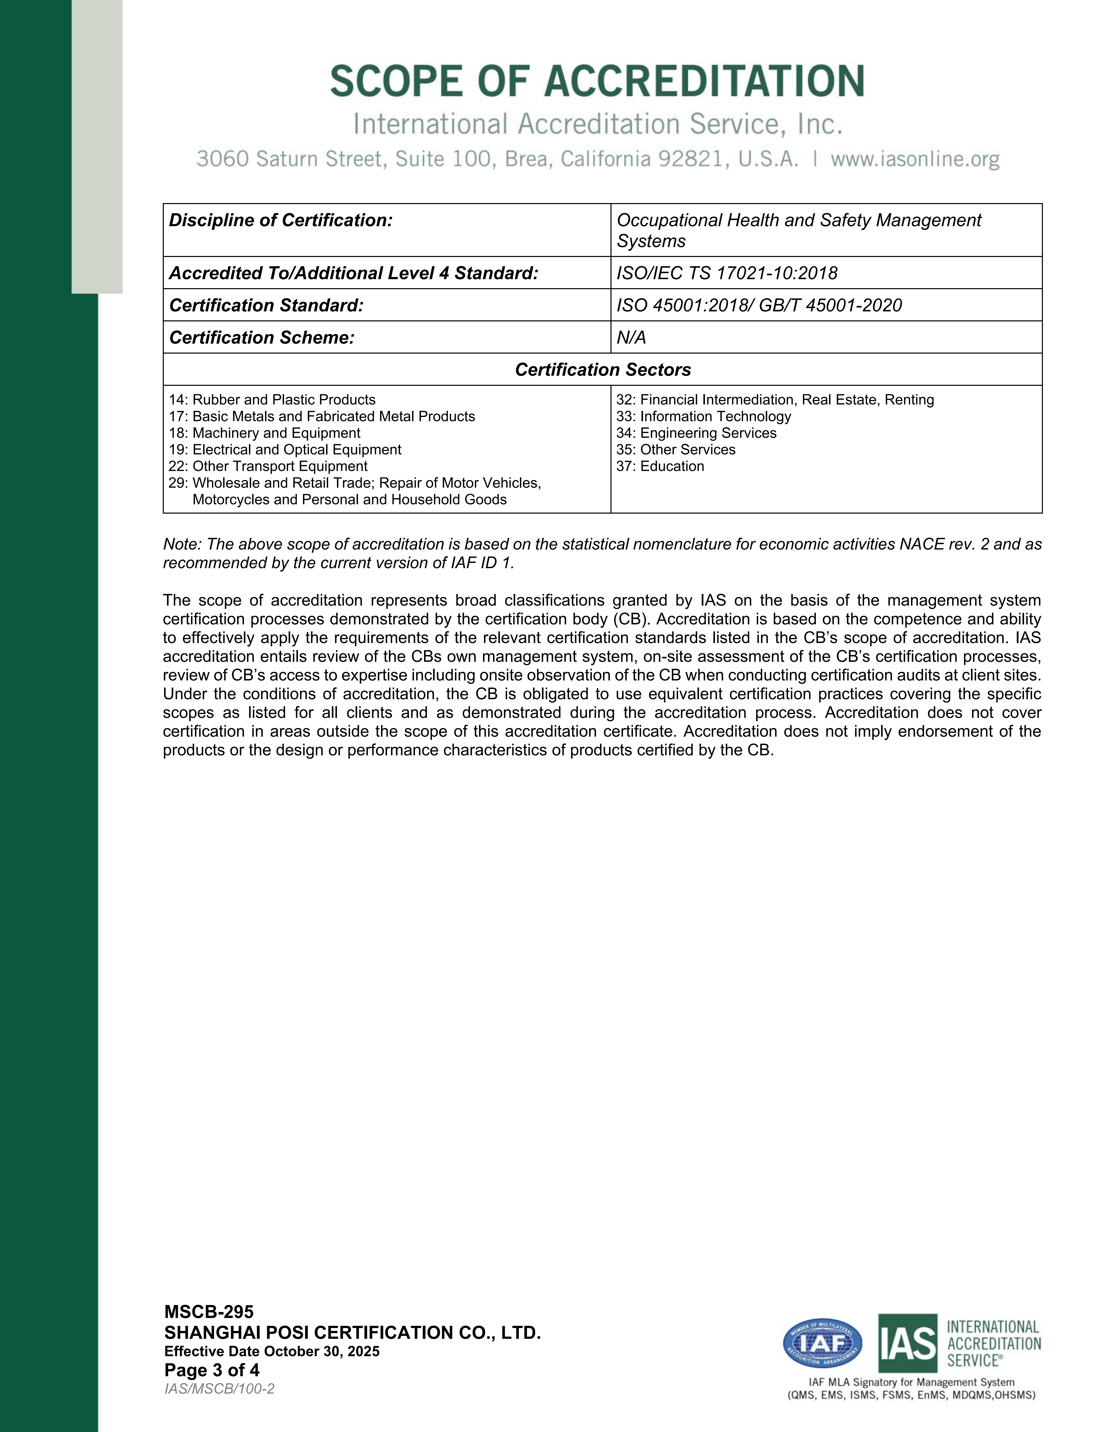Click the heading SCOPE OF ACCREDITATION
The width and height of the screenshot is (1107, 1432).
[x=597, y=81]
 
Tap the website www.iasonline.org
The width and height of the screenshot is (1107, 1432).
[x=915, y=159]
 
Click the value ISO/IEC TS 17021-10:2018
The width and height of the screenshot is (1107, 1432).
[x=727, y=273]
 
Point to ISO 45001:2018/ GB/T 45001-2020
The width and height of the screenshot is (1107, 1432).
[x=759, y=305]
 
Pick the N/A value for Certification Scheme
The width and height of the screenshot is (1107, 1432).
[x=631, y=337]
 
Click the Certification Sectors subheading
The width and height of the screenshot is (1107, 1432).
[x=603, y=370]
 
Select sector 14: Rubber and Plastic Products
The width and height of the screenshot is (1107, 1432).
[x=272, y=400]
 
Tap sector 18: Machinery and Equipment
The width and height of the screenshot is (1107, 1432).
[x=264, y=433]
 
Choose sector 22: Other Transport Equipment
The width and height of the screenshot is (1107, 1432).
[x=268, y=466]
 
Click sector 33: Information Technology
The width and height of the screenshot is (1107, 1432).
[x=704, y=416]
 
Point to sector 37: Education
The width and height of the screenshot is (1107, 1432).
[x=660, y=466]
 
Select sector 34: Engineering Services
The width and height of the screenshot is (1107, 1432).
[x=696, y=433]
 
